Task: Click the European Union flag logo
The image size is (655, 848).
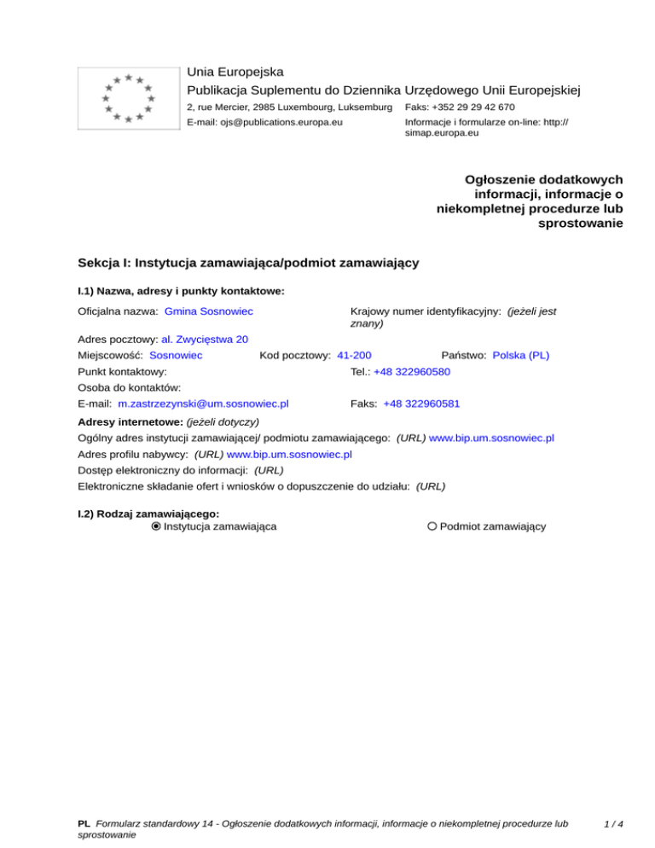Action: [127, 98]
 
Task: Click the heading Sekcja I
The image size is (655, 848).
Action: [247, 263]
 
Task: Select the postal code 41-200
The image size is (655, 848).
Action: [354, 354]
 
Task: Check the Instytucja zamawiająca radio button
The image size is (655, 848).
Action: [156, 526]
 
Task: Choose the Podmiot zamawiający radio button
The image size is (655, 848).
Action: [432, 526]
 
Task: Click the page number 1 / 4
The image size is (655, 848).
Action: [613, 824]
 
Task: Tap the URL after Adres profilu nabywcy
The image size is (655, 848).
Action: [289, 455]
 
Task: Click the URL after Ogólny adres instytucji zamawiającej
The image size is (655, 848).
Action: [491, 438]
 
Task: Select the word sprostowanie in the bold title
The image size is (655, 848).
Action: [581, 224]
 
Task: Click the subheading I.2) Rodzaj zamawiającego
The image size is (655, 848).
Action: [148, 513]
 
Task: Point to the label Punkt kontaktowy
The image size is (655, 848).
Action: [122, 372]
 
